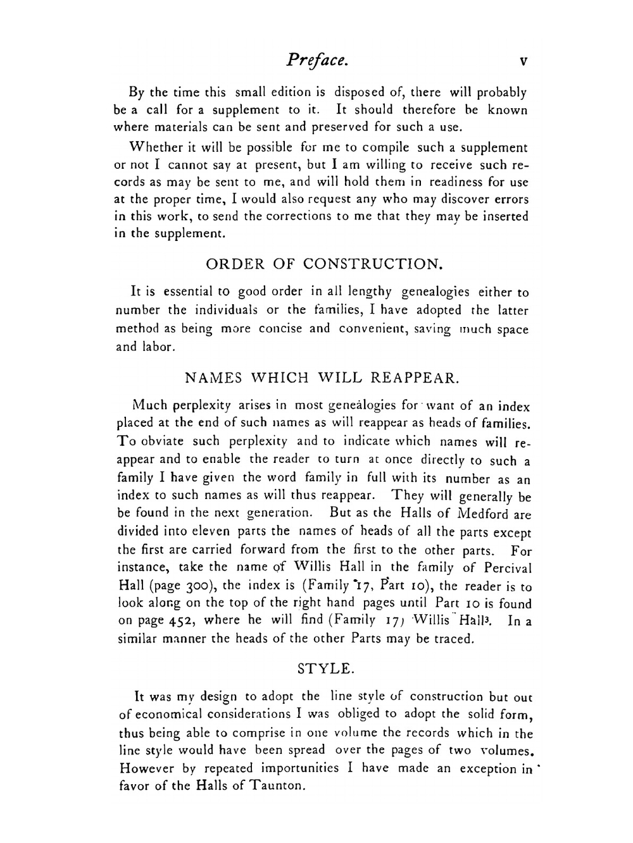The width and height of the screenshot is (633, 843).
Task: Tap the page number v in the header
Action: click(x=523, y=61)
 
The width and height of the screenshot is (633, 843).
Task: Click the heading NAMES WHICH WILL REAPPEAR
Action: click(x=321, y=378)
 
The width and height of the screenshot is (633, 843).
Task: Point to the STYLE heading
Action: click(x=324, y=668)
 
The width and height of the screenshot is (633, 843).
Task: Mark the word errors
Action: click(x=508, y=199)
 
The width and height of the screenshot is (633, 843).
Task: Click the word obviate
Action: click(x=163, y=441)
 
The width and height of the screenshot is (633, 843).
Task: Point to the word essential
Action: click(x=188, y=292)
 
